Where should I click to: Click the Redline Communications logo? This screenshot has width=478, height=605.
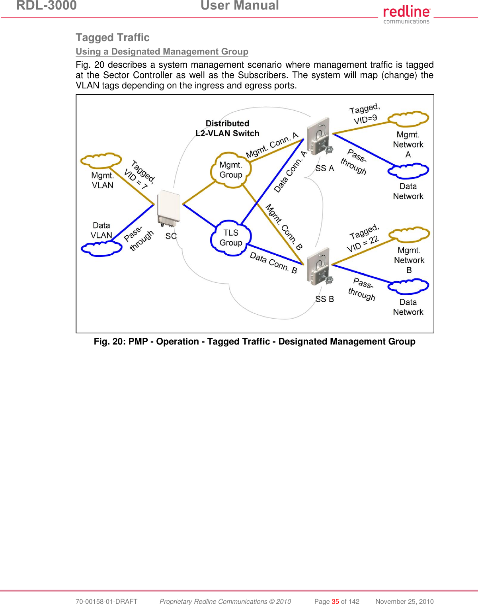[x=406, y=15]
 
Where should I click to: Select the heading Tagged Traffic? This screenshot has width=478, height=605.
[x=113, y=37]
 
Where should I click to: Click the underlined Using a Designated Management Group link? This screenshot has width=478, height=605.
[x=162, y=52]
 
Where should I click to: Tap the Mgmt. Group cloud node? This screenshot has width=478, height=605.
[x=231, y=170]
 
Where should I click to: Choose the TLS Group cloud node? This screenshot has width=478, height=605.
[x=231, y=238]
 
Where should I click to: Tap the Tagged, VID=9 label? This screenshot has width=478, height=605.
[x=365, y=114]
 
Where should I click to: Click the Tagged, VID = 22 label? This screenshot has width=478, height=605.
[x=364, y=238]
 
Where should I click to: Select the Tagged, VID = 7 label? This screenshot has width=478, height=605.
[x=139, y=174]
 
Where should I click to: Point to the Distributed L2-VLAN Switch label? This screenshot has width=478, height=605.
[x=227, y=128]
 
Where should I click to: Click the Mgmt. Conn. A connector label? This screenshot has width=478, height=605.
[x=272, y=145]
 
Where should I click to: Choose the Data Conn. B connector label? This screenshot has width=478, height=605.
[x=273, y=263]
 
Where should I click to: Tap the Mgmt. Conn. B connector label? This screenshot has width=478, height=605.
[x=284, y=227]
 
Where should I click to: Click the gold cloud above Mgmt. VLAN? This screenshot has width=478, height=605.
[x=101, y=160]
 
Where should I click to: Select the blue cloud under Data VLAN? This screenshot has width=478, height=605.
[x=101, y=249]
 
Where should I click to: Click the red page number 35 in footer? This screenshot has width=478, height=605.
[x=335, y=601]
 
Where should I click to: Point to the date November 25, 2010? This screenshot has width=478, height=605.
[x=404, y=601]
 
